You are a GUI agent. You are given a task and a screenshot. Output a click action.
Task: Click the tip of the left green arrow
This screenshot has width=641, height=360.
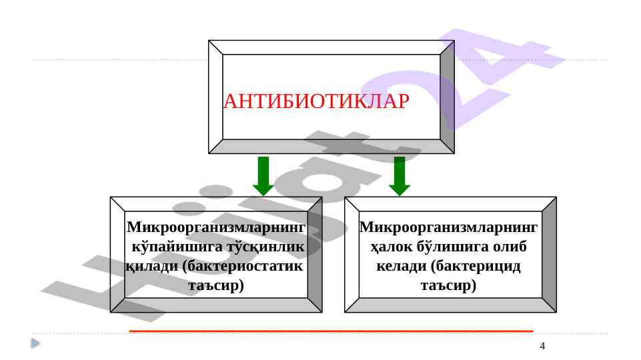pos(263,196)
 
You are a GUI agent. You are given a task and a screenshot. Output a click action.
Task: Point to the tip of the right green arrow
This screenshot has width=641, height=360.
pos(400,196)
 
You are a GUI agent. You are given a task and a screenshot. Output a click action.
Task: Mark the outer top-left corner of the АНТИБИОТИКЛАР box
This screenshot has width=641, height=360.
pos(209,41)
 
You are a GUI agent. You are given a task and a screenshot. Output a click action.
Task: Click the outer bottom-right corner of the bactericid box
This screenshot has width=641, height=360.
pos(556,313)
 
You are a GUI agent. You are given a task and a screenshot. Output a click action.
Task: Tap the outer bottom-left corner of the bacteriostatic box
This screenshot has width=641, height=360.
pos(110,313)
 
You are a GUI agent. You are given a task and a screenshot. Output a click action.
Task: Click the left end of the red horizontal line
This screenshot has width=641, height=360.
pos(129,331)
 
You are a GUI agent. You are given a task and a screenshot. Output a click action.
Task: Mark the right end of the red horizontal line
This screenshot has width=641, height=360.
pos(534,331)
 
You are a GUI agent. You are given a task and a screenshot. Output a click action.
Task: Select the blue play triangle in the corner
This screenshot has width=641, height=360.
pos(35,343)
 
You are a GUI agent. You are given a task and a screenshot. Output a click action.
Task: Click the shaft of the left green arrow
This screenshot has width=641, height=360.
pos(263,171)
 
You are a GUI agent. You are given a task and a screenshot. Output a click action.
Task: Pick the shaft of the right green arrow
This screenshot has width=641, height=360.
pos(400,171)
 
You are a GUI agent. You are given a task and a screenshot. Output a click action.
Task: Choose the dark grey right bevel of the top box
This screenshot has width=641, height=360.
pos(447,97)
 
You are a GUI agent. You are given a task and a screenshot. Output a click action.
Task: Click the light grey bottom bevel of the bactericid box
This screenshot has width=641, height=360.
pos(450,305)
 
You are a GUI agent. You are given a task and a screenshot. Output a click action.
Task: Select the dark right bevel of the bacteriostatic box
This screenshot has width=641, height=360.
pos(315,255)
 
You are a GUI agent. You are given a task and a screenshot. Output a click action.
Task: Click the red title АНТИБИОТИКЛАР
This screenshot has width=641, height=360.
pos(316,101)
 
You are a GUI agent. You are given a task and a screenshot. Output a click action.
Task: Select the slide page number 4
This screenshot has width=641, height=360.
pos(542,346)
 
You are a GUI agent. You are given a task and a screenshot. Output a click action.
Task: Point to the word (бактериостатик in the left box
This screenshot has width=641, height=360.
pos(242,267)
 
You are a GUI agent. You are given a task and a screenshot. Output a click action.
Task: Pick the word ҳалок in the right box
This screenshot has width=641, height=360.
pos(392,247)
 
